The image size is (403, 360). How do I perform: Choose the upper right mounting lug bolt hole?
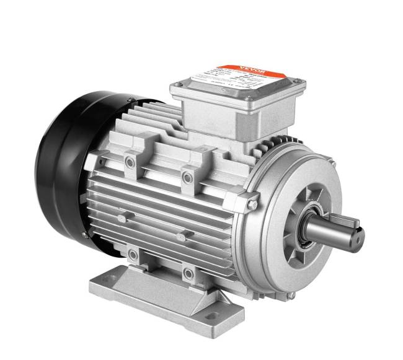(187, 178)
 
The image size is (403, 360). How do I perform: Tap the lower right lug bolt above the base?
(188, 271)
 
